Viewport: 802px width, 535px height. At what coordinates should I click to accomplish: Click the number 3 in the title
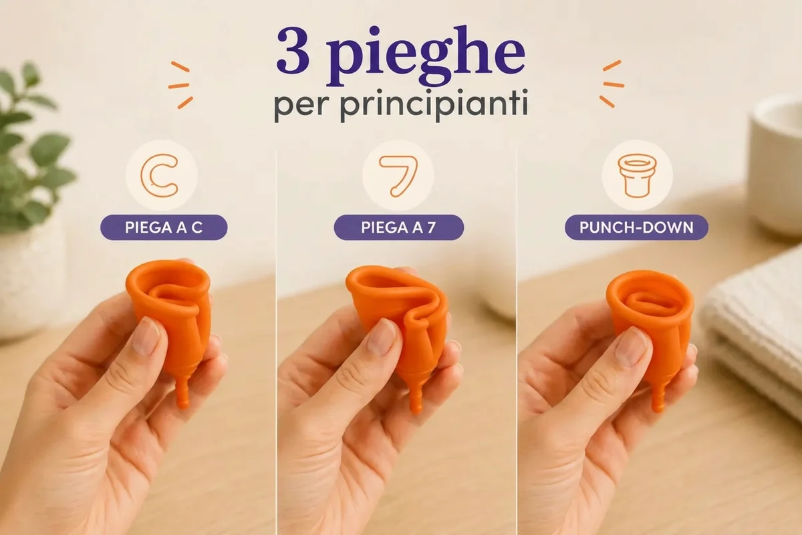[x=293, y=50]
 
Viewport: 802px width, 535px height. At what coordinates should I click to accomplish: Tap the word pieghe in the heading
[x=425, y=56]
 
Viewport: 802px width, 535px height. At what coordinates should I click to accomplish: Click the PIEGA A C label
[x=164, y=227]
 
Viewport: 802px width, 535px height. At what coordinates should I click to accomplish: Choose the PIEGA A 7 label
[x=398, y=227]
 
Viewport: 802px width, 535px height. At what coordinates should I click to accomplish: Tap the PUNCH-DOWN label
[x=636, y=227]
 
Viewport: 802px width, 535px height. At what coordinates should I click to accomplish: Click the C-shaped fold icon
[x=159, y=176]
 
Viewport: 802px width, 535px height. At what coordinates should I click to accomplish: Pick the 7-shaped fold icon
[x=398, y=176]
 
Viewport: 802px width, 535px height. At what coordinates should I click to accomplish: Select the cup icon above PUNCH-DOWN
[x=637, y=176]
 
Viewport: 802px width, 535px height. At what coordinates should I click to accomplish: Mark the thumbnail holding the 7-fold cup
[x=382, y=338]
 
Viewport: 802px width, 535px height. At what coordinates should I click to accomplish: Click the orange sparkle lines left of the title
[x=180, y=85]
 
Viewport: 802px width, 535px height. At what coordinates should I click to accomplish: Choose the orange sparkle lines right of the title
[x=613, y=84]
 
